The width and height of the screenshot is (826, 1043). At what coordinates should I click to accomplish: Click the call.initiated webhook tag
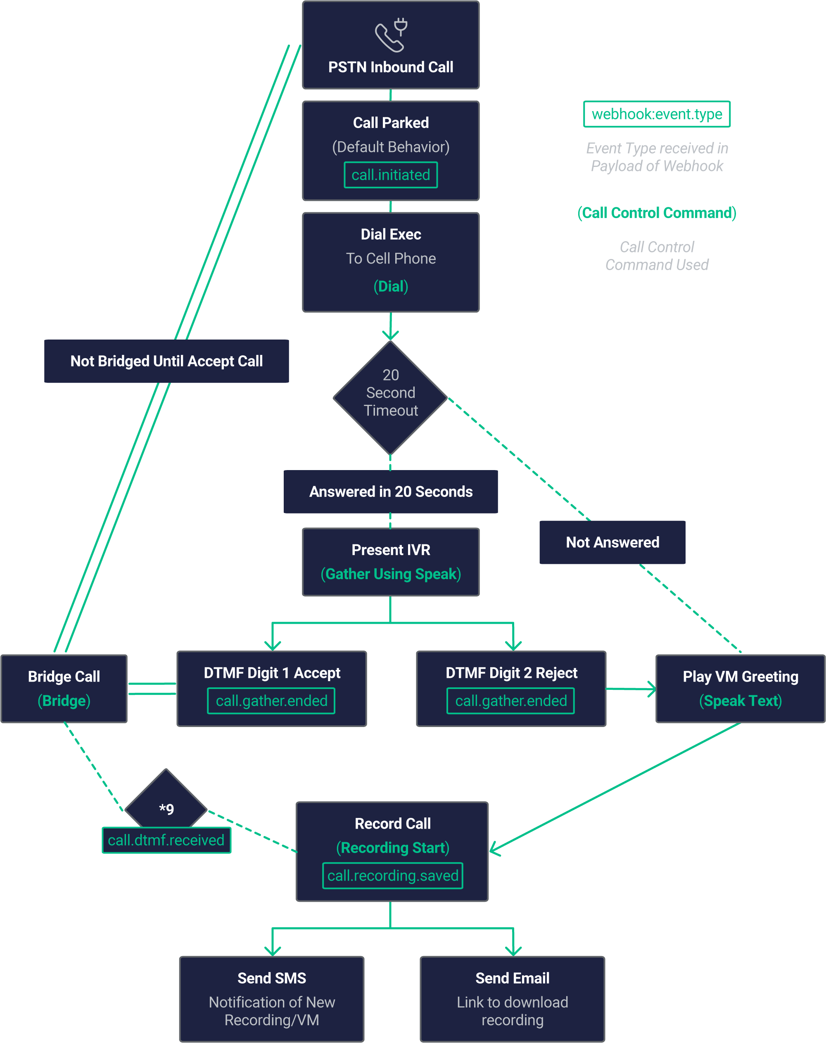(391, 175)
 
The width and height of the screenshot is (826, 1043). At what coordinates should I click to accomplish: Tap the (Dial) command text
(391, 286)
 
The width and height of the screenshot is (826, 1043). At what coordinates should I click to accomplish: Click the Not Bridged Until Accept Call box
(166, 361)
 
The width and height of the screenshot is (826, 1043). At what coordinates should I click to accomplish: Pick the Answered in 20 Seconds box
(391, 492)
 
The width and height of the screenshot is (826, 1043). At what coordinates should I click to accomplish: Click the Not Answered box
(612, 542)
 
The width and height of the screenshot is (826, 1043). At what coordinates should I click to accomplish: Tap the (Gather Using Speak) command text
(391, 574)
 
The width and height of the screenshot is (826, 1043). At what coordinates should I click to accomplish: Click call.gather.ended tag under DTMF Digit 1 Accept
(271, 701)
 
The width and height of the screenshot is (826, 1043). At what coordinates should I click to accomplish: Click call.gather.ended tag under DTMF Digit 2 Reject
(511, 701)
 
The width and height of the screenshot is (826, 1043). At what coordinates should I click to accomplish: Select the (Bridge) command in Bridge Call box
(64, 701)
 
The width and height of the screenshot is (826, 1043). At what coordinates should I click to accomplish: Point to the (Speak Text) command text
(741, 701)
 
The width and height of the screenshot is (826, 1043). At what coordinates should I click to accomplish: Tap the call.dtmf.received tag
(166, 840)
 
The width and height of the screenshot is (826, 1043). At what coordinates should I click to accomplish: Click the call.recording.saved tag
(393, 876)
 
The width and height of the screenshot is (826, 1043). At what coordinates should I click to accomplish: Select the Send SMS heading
(272, 978)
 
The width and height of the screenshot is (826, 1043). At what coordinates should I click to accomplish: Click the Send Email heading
(512, 978)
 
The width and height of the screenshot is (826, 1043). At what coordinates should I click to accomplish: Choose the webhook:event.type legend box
(657, 114)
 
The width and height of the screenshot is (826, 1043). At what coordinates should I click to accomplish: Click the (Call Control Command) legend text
(657, 213)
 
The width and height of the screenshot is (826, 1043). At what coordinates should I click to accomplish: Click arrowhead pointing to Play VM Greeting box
(652, 689)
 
